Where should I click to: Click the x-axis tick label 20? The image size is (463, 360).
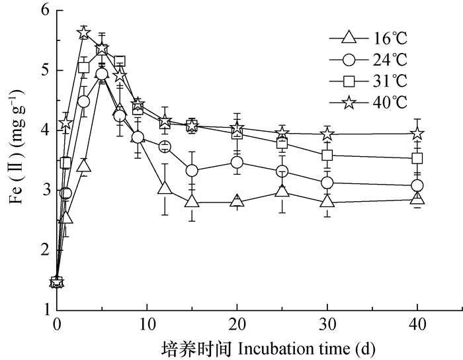pyautogui.click(x=237, y=324)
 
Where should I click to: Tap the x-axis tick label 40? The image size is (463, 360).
pyautogui.click(x=417, y=324)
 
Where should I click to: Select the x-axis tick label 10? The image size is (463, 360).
pyautogui.click(x=147, y=324)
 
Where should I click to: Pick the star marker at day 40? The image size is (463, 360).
pyautogui.click(x=417, y=134)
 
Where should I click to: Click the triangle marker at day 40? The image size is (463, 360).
pyautogui.click(x=417, y=199)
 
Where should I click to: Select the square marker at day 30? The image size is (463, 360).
pyautogui.click(x=327, y=156)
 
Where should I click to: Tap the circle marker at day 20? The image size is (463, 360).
pyautogui.click(x=237, y=161)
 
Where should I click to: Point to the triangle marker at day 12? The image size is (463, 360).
pyautogui.click(x=165, y=189)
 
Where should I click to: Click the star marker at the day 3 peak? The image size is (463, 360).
pyautogui.click(x=84, y=34)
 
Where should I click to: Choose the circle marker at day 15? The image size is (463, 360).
pyautogui.click(x=192, y=171)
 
